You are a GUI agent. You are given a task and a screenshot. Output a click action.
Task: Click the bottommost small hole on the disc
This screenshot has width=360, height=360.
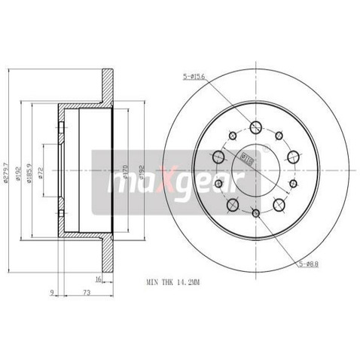point(255,214)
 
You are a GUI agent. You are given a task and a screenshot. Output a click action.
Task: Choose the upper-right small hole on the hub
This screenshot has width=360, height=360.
point(279,136)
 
